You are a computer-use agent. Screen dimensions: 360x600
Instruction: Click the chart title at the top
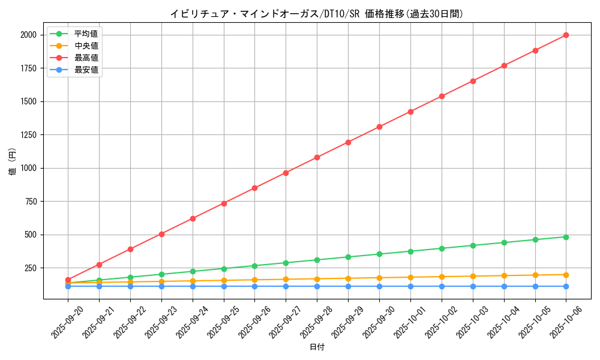point(317,14)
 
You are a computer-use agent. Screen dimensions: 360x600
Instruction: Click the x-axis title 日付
point(317,347)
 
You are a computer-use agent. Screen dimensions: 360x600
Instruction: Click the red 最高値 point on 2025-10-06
point(566,35)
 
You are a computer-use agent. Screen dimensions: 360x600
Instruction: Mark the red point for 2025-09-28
point(317,157)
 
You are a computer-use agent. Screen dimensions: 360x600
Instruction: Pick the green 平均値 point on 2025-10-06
point(566,237)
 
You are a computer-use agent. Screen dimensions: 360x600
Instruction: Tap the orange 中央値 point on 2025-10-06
point(566,275)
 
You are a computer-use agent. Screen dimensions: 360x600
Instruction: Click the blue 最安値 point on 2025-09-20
point(68,286)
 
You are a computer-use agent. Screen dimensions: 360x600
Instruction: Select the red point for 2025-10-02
point(442,96)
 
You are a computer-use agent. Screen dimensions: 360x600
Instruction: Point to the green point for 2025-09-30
point(379,254)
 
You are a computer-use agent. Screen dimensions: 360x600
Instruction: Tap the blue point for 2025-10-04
point(504,286)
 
